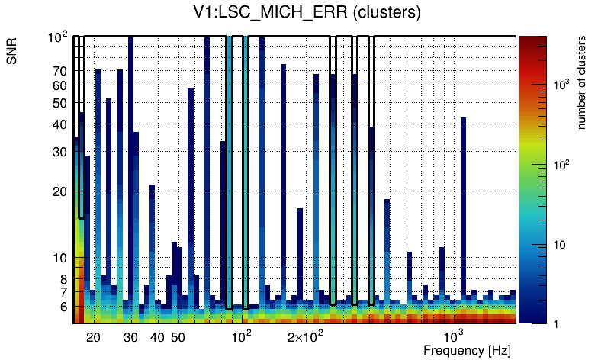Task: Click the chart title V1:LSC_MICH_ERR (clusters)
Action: [307, 13]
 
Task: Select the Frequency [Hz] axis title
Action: [467, 351]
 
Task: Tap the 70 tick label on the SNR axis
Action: [60, 71]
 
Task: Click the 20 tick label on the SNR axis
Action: [60, 191]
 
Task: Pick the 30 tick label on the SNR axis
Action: [60, 152]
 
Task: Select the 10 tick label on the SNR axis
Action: [60, 258]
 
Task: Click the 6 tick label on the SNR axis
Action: [63, 307]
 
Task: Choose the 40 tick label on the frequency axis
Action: [157, 337]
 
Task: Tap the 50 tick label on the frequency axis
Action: [177, 337]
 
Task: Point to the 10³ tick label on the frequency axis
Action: [454, 336]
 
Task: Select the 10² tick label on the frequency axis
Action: [242, 336]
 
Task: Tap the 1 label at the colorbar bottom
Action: [556, 324]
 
